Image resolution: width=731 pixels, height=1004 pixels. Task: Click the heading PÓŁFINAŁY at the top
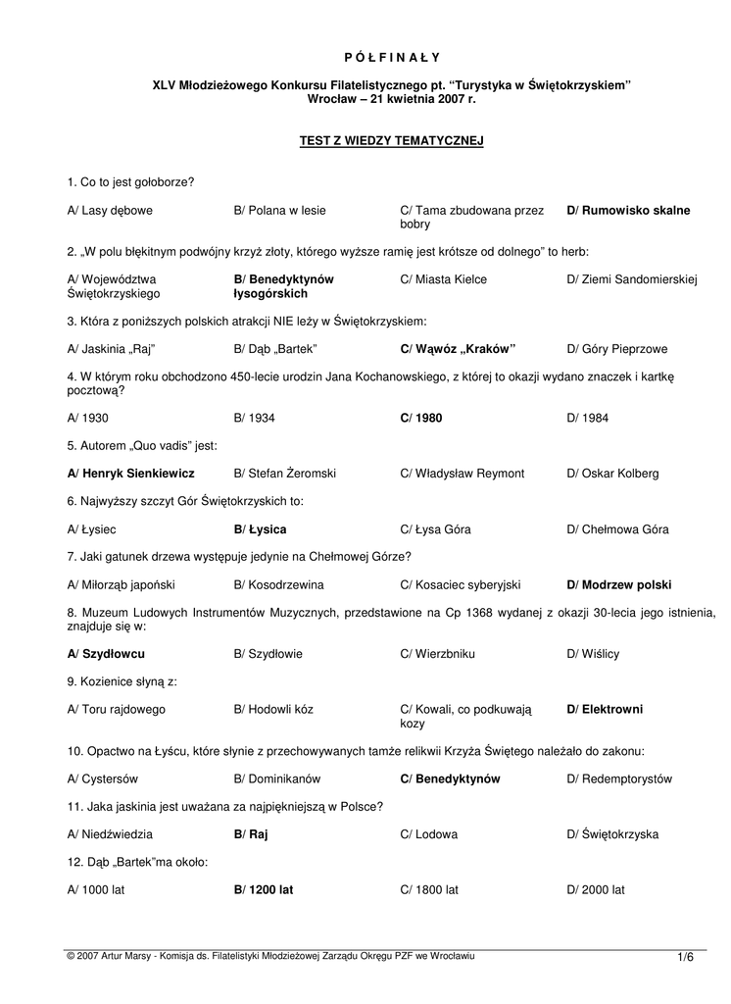(391, 57)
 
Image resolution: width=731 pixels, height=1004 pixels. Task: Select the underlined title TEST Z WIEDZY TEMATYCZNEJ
(391, 141)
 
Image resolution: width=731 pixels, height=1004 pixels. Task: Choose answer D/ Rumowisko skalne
(628, 211)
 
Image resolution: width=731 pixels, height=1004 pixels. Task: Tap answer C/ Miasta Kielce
(443, 279)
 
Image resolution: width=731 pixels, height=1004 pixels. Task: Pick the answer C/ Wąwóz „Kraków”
(458, 348)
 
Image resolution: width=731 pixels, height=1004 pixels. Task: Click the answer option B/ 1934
(255, 418)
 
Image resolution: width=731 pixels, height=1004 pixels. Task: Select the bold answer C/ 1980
(421, 418)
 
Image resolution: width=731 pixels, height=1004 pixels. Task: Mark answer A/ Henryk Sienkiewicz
(131, 474)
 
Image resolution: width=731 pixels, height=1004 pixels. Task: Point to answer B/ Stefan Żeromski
(285, 474)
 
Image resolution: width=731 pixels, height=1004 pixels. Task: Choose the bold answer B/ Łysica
(261, 529)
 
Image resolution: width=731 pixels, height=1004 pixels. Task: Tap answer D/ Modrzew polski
(619, 585)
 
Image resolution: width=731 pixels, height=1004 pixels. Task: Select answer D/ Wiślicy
(593, 654)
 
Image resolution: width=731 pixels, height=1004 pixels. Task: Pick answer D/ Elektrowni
(605, 709)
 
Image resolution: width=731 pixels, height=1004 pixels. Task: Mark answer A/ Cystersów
(103, 778)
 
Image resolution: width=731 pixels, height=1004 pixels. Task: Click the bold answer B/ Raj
(251, 834)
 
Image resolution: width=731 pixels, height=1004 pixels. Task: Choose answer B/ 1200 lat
(264, 890)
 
